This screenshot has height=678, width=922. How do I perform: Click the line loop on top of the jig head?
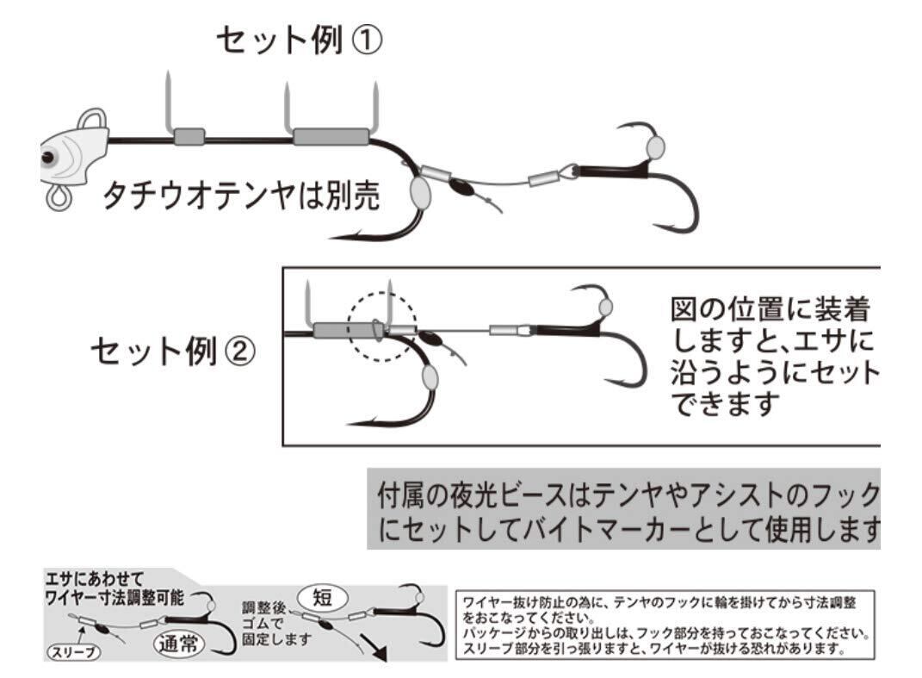tap(94, 119)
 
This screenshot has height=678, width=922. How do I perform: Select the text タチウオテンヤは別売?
tap(241, 197)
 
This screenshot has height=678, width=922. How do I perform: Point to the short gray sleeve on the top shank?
tap(189, 136)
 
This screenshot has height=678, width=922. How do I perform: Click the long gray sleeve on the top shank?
tap(331, 136)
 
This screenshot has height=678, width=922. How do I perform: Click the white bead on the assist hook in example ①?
tap(655, 146)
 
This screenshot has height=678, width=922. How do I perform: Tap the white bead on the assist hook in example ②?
tap(606, 307)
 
